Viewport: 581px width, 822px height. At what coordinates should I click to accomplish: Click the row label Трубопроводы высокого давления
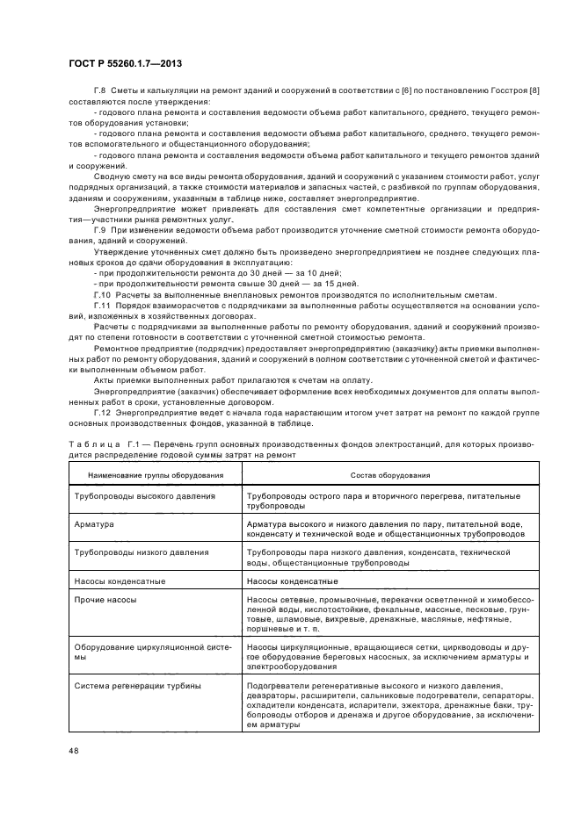point(144,496)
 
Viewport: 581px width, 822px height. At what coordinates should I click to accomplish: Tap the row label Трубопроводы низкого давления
point(142,552)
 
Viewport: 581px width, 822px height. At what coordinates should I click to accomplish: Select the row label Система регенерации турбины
point(138,685)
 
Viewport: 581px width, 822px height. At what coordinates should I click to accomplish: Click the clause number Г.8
point(101,91)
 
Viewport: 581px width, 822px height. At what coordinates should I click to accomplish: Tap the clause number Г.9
point(101,230)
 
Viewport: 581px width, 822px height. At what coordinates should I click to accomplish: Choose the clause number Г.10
point(103,294)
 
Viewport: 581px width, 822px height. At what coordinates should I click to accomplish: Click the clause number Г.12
point(103,412)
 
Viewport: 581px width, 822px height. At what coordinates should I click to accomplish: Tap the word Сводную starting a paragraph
point(110,175)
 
